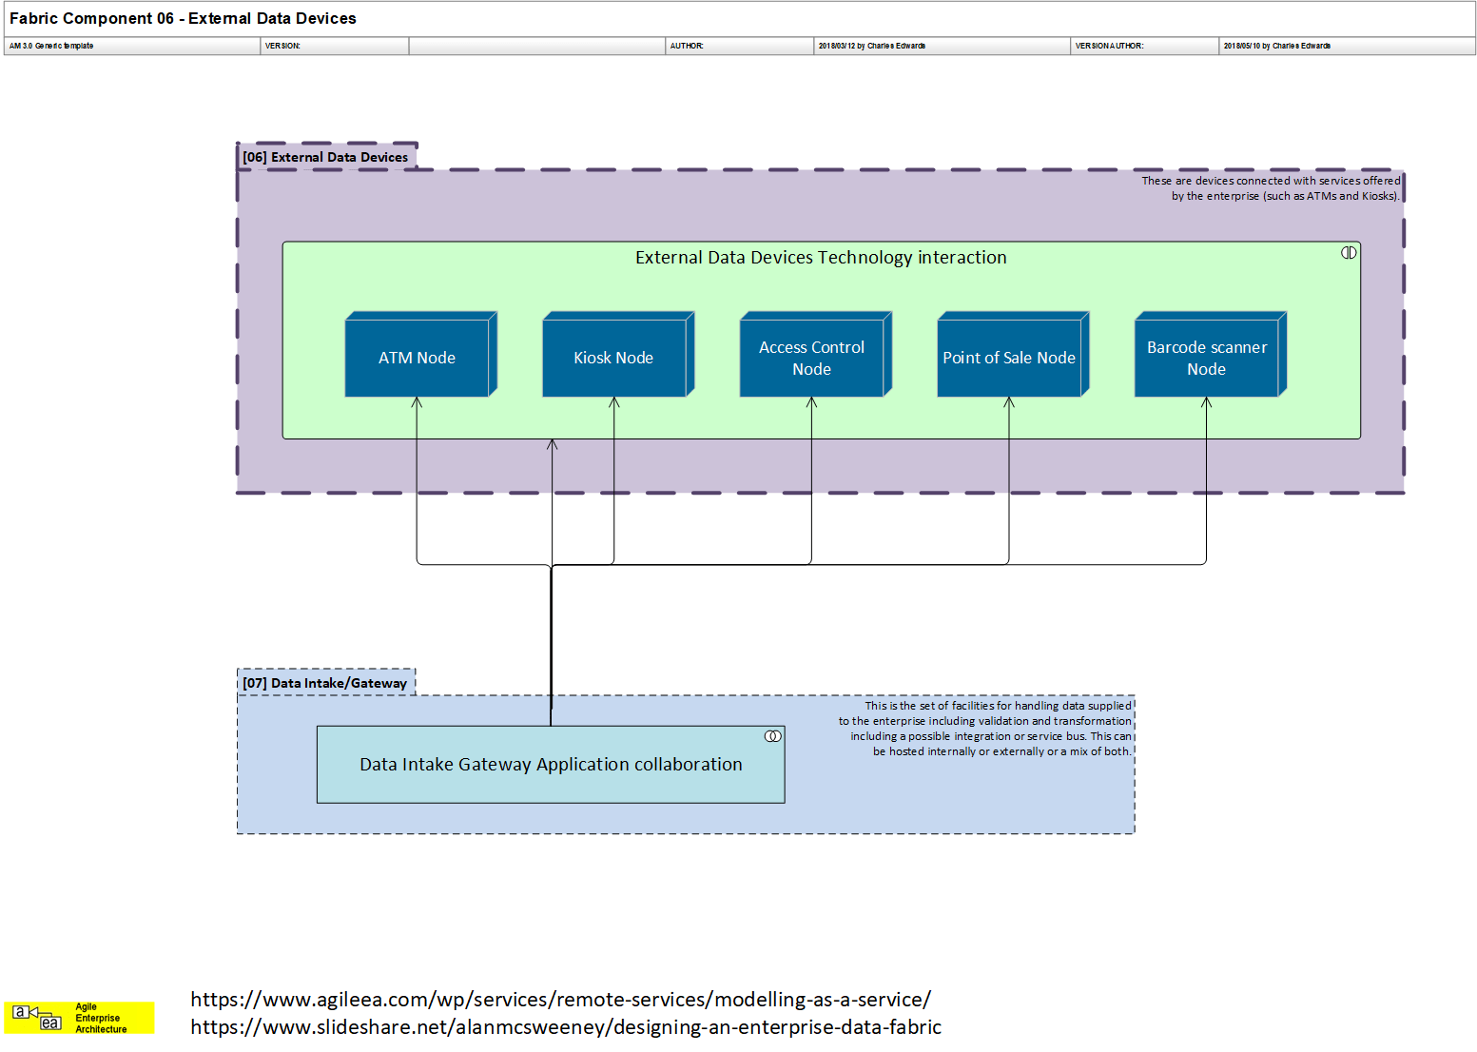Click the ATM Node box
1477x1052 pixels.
(418, 358)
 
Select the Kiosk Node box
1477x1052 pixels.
(614, 358)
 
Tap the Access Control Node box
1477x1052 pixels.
(812, 358)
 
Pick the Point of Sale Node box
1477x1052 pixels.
(1009, 358)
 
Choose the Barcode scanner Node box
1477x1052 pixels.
(1207, 358)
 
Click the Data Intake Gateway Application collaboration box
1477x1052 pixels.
(551, 765)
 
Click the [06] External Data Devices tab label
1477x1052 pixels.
(325, 157)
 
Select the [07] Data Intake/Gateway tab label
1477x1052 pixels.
(324, 683)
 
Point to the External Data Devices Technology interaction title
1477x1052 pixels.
(821, 258)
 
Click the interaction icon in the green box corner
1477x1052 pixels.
(1349, 253)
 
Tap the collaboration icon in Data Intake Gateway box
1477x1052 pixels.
(773, 736)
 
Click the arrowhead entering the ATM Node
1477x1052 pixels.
(417, 403)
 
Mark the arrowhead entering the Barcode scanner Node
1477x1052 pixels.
(1206, 403)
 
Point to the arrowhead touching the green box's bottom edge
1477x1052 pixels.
(552, 445)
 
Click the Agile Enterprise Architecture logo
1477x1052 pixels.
(79, 1018)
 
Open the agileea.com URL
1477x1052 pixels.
(560, 1000)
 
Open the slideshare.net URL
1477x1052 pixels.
(566, 1027)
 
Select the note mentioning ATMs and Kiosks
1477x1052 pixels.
(1271, 188)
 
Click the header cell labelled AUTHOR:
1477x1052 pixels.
(687, 46)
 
